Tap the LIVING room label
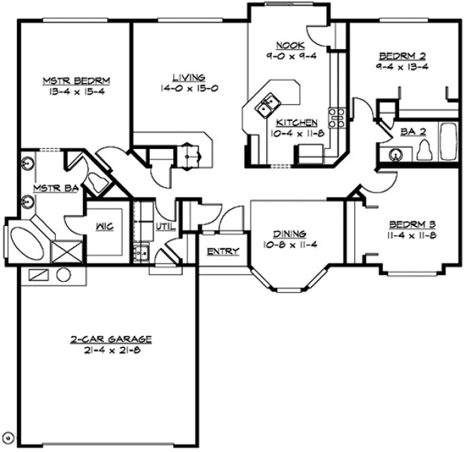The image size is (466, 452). (189, 78)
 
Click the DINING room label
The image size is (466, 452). (290, 233)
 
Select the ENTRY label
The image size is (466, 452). (223, 252)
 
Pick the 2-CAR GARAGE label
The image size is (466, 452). (110, 339)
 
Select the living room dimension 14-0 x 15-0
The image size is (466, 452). (189, 88)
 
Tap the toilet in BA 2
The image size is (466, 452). (424, 149)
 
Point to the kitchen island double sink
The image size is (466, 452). (266, 105)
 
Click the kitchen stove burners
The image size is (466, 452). (335, 118)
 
